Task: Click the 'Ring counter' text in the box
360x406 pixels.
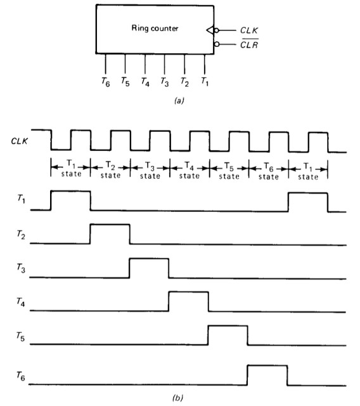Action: pos(155,28)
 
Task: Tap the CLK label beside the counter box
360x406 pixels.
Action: pos(249,30)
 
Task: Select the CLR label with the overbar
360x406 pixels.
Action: pos(249,44)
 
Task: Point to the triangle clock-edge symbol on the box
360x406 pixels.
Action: pos(210,30)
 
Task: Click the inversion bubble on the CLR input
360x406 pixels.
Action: pos(217,44)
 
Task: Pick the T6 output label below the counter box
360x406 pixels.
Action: pos(105,82)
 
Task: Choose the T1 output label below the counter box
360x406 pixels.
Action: pos(205,82)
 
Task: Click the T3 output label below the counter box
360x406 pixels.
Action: pos(165,82)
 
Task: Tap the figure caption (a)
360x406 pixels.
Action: pos(179,100)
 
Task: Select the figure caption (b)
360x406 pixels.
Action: pos(177,398)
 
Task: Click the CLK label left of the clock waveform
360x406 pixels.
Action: pos(20,141)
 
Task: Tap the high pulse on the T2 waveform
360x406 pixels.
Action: pos(110,225)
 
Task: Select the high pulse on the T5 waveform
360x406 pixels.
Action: pos(228,326)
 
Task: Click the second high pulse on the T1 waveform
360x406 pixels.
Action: pos(308,193)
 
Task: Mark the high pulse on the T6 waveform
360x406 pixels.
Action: pos(267,365)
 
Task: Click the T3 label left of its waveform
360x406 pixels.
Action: pos(21,268)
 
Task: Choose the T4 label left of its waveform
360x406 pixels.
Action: pos(21,302)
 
